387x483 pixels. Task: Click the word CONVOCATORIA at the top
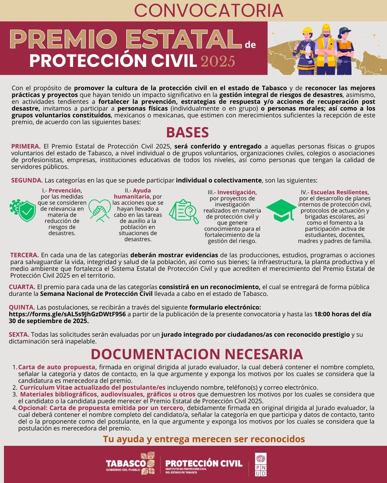pos(209,11)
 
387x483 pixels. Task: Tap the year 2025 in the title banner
pos(218,61)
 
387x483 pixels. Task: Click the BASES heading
pos(187,133)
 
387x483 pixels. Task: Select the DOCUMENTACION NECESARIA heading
pos(197,354)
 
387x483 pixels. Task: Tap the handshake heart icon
pos(99,211)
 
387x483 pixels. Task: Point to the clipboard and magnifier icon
pos(183,212)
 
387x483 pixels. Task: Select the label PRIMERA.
pos(26,146)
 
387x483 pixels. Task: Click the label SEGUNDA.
pos(27,180)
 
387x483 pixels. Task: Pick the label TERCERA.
pos(24,255)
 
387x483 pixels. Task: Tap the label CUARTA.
pos(22,287)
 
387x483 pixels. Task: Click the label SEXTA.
pos(19,335)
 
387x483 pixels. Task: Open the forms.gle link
pos(67,314)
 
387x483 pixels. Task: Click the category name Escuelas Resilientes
pos(339,192)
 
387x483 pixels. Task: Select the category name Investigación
pos(236,192)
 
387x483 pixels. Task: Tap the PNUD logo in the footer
pos(261,464)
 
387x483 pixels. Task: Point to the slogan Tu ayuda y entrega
pos(204,439)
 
